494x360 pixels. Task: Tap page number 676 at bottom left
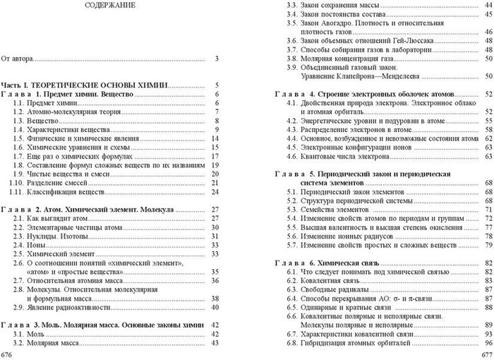pos(7,353)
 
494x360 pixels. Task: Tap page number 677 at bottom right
pos(486,353)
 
